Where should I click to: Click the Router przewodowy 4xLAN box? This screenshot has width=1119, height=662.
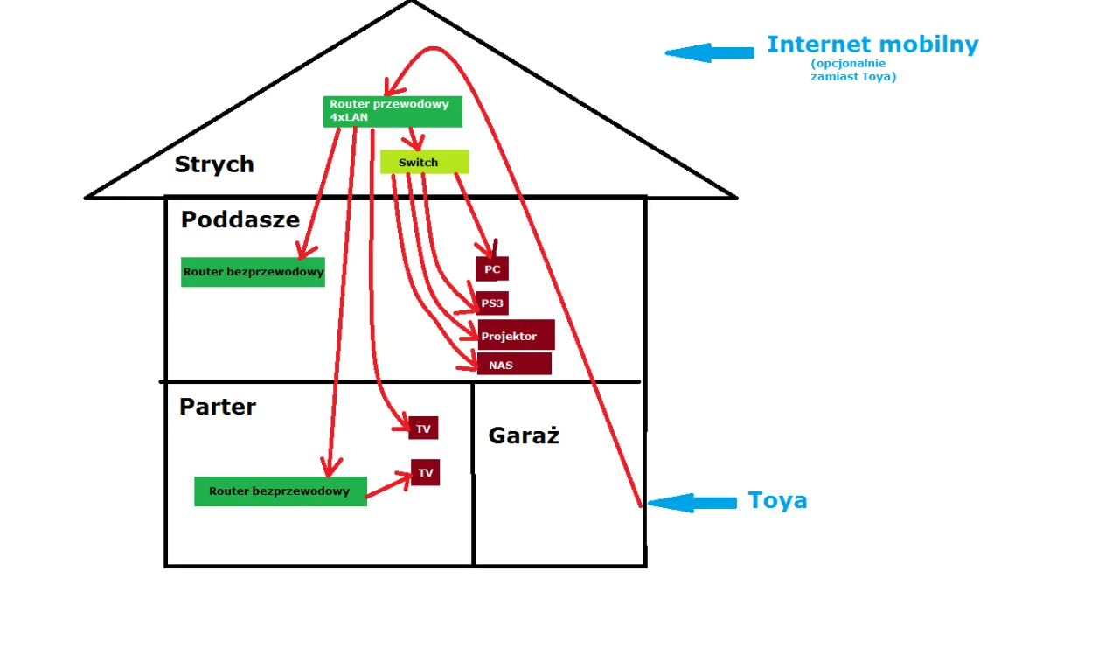click(393, 111)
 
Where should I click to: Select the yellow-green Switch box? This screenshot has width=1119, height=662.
click(424, 162)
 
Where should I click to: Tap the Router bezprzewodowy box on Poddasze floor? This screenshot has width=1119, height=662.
click(253, 272)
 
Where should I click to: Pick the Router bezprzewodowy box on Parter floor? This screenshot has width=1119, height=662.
click(280, 491)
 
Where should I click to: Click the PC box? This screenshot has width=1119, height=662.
click(492, 269)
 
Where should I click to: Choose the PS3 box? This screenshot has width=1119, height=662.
click(492, 303)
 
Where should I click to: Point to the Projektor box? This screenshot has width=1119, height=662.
click(516, 336)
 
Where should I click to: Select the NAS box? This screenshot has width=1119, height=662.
click(514, 364)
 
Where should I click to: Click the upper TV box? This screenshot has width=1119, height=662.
click(423, 429)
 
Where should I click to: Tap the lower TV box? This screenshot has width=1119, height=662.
click(425, 473)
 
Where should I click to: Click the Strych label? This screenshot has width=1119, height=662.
click(214, 164)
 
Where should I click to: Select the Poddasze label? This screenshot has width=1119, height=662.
click(240, 220)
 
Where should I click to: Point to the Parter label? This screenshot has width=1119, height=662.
click(218, 407)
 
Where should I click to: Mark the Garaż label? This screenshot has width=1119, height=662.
click(524, 436)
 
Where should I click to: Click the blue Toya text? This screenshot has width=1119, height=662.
click(777, 501)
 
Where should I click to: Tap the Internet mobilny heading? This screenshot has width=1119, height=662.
click(872, 45)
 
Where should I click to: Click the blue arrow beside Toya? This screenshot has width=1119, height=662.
click(692, 502)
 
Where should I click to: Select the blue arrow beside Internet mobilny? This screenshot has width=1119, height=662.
click(709, 52)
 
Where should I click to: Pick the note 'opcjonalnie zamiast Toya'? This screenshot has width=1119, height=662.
click(852, 71)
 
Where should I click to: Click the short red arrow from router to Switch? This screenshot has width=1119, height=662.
click(414, 138)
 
